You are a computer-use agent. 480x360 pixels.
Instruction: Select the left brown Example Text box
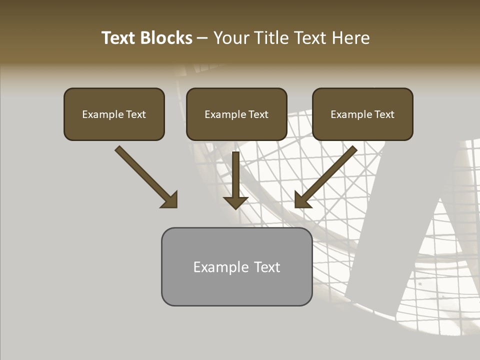pyautogui.click(x=114, y=114)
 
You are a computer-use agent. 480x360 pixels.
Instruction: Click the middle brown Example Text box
pyautogui.click(x=236, y=114)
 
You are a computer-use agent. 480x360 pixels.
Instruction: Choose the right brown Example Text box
pyautogui.click(x=362, y=114)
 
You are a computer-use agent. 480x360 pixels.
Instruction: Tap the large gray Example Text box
pyautogui.click(x=236, y=266)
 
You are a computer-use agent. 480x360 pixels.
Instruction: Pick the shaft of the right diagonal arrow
pyautogui.click(x=332, y=170)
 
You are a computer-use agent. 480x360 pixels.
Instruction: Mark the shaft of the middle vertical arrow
pyautogui.click(x=235, y=172)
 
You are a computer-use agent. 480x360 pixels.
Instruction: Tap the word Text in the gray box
pyautogui.click(x=267, y=267)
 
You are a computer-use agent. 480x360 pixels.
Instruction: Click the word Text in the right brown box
pyautogui.click(x=384, y=114)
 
